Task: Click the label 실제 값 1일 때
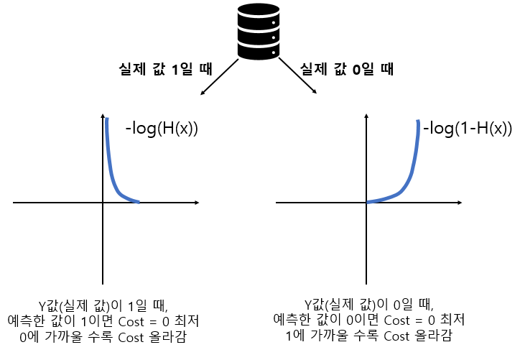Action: pos(164,70)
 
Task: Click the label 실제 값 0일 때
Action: pos(347,70)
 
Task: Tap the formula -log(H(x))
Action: pos(162,129)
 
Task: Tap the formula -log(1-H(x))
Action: pos(467,129)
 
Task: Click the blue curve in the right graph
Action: pos(409,172)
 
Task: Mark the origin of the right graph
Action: pos(366,203)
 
